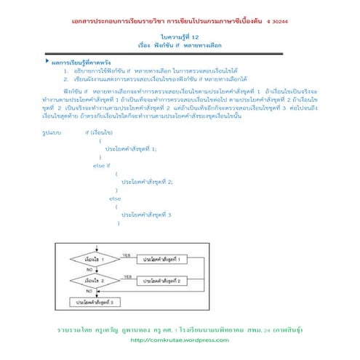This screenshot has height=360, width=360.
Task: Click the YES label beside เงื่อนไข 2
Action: [126, 276]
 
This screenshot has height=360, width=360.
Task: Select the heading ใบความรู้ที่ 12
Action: [179, 36]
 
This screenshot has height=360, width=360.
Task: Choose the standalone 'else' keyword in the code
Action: [115, 198]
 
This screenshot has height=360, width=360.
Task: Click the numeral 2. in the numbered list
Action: [66, 78]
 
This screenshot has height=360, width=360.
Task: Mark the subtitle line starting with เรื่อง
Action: [179, 44]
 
